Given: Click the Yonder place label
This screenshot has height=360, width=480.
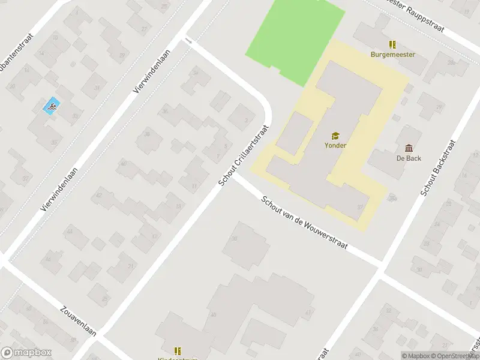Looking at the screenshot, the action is [x=335, y=145].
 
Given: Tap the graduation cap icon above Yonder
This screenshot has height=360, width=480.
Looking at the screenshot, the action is [x=335, y=136].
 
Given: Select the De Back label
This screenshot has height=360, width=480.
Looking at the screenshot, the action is [x=409, y=158].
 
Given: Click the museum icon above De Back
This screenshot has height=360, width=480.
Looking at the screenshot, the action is [x=409, y=148].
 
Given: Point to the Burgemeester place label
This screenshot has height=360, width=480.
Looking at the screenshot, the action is [x=393, y=55].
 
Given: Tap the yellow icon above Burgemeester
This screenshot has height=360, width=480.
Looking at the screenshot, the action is [x=392, y=44].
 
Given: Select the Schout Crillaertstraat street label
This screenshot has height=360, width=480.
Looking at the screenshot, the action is [x=244, y=155].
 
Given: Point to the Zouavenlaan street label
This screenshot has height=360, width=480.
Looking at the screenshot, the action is [x=78, y=323].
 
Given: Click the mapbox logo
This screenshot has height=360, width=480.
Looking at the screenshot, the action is [x=26, y=353].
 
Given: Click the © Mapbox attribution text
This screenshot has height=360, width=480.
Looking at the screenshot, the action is [x=416, y=356].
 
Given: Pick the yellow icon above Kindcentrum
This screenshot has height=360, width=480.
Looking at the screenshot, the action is [x=178, y=350].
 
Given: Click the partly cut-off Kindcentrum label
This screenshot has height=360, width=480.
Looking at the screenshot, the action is [x=178, y=358].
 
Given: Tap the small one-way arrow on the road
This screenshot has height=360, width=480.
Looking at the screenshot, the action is [x=189, y=41].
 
